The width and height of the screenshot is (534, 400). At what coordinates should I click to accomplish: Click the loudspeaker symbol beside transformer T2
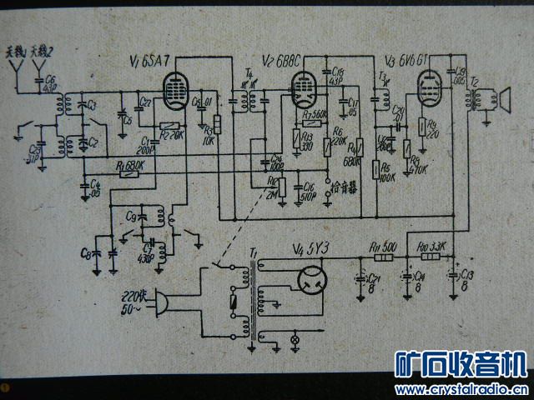point(504,101)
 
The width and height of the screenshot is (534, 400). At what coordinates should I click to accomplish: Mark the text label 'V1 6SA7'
point(150,60)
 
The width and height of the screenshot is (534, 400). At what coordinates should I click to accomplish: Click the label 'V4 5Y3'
point(310,247)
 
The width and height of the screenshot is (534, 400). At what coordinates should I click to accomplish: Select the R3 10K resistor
point(218,125)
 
